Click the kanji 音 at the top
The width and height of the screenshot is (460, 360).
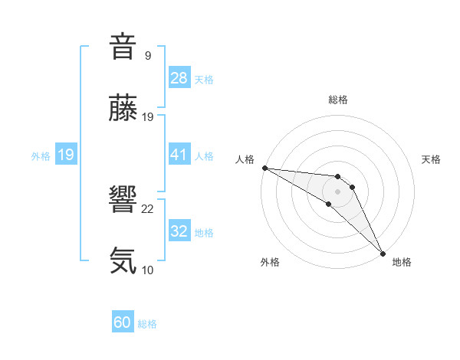click(x=123, y=47)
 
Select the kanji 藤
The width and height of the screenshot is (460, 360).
click(x=123, y=109)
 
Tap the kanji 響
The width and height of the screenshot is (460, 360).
click(x=123, y=201)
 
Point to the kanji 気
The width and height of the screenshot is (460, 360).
click(x=123, y=261)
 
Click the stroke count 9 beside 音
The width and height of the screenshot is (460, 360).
click(x=147, y=56)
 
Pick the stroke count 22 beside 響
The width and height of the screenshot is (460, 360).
click(x=148, y=209)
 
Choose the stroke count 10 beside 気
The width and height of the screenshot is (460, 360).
click(x=148, y=270)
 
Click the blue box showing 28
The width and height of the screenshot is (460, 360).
click(x=179, y=78)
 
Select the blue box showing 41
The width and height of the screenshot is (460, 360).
click(x=179, y=155)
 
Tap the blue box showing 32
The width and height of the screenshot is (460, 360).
click(x=179, y=231)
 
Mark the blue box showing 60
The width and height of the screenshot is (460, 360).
click(x=123, y=322)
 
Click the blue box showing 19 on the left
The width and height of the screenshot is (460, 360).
click(x=66, y=155)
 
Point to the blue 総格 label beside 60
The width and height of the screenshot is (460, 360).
click(x=147, y=324)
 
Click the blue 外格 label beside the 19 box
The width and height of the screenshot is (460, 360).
click(x=41, y=155)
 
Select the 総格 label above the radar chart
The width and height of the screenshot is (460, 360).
click(x=338, y=100)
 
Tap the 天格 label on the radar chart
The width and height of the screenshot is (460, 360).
click(x=432, y=159)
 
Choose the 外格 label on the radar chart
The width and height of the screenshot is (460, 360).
click(x=270, y=262)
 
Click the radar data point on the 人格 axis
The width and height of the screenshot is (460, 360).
click(x=264, y=168)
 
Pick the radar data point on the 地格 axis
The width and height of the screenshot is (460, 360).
click(x=383, y=254)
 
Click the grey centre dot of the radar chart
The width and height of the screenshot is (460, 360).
click(x=338, y=191)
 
